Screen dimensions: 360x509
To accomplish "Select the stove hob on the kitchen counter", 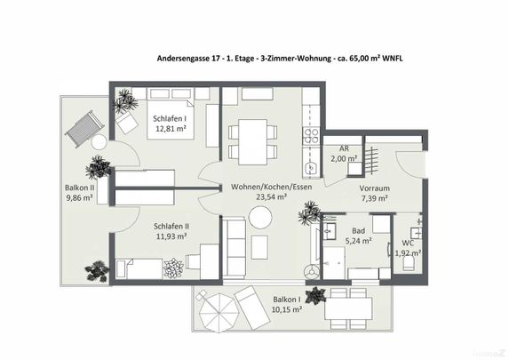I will [x=312, y=136].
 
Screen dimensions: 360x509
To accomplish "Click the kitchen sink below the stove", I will [x=311, y=166].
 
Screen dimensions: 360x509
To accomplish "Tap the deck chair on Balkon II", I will [x=85, y=127].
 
